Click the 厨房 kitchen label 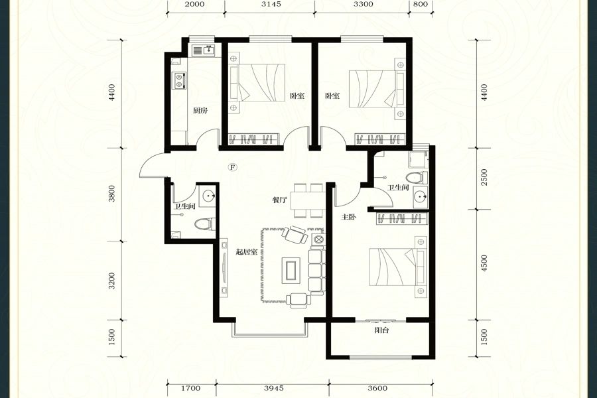pyautogui.click(x=200, y=111)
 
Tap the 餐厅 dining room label pyautogui.click(x=280, y=200)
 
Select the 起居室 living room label pyautogui.click(x=247, y=252)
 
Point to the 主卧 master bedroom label pyautogui.click(x=348, y=217)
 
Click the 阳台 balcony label pyautogui.click(x=381, y=330)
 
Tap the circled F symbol pyautogui.click(x=233, y=166)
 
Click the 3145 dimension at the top pyautogui.click(x=271, y=4)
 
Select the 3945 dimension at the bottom pyautogui.click(x=274, y=388)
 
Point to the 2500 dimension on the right pyautogui.click(x=484, y=178)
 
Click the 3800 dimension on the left pyautogui.click(x=111, y=194)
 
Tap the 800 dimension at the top pyautogui.click(x=421, y=4)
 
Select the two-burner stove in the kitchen pyautogui.click(x=179, y=81)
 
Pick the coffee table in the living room pyautogui.click(x=291, y=271)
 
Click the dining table pyautogui.click(x=308, y=200)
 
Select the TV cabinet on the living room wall pyautogui.click(x=224, y=268)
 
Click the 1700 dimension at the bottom pyautogui.click(x=191, y=388)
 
